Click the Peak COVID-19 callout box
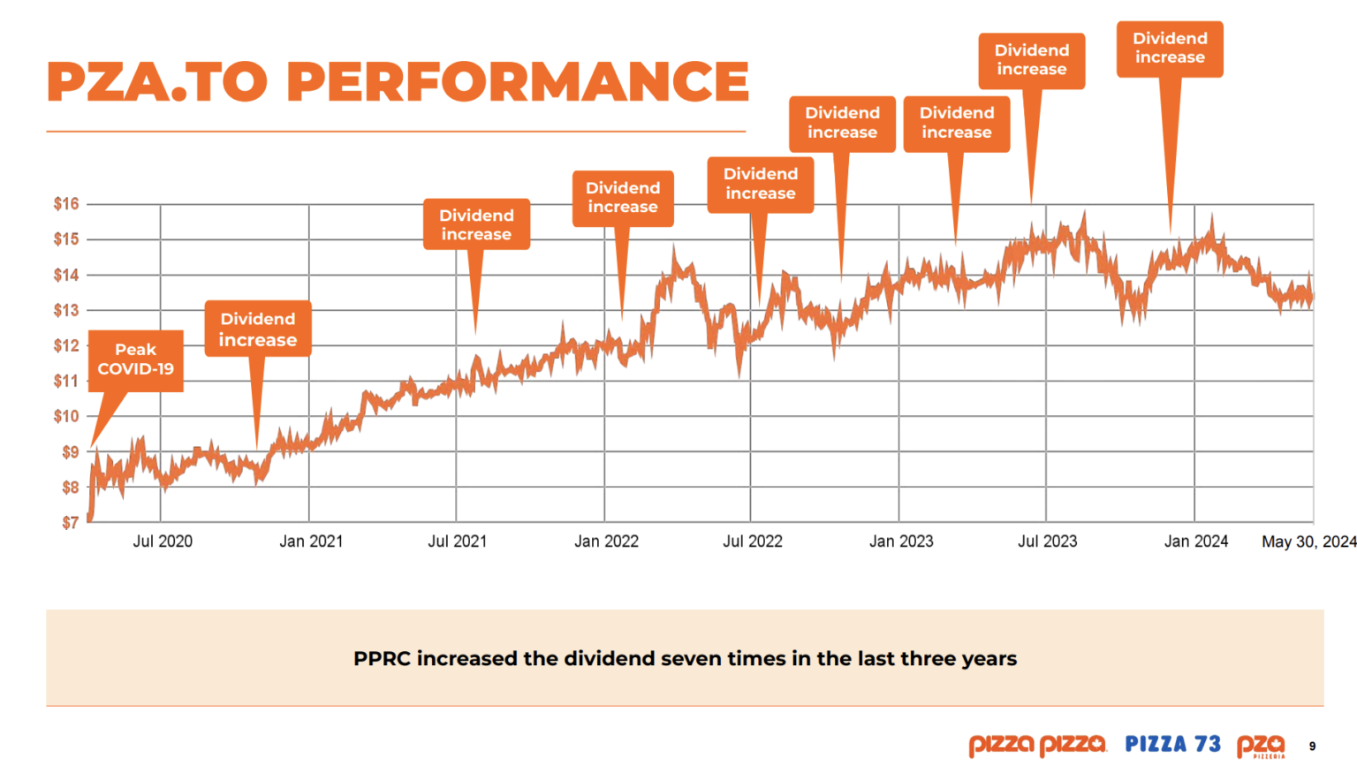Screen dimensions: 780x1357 (x=136, y=360)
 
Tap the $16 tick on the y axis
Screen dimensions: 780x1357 (x=66, y=204)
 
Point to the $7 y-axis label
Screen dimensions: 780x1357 (x=70, y=523)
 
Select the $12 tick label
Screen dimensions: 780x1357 (x=66, y=345)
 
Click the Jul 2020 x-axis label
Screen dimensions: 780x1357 (x=163, y=541)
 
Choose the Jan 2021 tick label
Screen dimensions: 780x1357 (x=311, y=541)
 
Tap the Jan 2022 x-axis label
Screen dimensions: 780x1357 (x=606, y=541)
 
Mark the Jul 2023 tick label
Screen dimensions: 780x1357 (x=1047, y=541)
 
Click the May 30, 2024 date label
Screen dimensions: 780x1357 (x=1308, y=541)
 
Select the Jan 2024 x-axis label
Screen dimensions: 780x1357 (x=1195, y=541)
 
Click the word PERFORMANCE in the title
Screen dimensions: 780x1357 (x=518, y=82)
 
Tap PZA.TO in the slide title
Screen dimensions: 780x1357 (x=156, y=82)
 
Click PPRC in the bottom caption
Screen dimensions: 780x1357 (x=382, y=659)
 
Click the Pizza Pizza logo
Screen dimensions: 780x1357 (x=1036, y=746)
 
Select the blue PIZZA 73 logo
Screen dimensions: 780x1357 (x=1172, y=745)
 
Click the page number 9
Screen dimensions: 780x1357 (x=1312, y=746)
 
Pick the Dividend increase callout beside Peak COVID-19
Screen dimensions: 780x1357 (x=258, y=329)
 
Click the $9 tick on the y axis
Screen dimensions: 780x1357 (x=70, y=452)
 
